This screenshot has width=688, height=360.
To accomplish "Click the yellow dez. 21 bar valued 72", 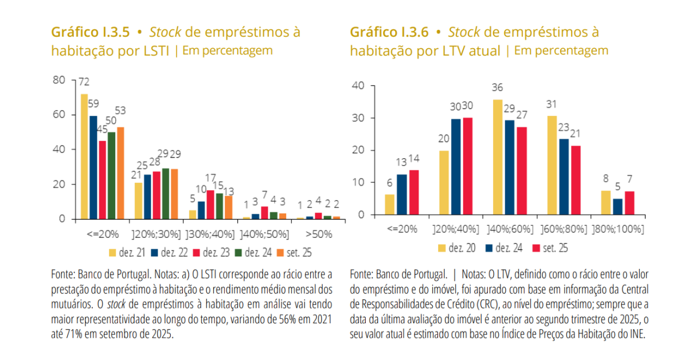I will point(84,156).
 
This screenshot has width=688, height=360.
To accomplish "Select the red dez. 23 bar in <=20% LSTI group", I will point(102,180).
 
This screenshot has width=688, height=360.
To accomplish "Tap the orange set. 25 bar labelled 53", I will point(120,173).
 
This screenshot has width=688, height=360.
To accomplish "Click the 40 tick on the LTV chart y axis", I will point(358,86).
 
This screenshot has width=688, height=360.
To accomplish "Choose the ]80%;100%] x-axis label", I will point(617,229).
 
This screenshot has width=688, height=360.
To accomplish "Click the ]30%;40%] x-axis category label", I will point(208,234).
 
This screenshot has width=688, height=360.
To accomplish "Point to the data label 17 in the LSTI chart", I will point(210,178).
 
